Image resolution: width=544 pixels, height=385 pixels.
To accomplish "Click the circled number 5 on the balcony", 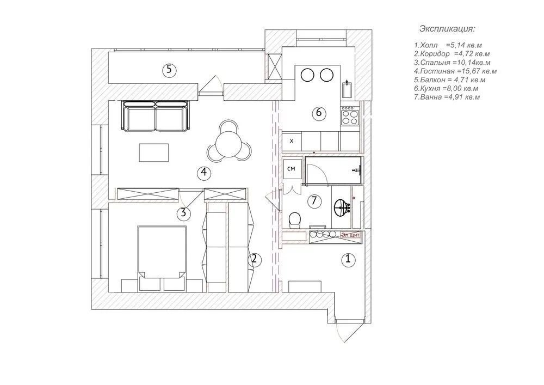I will point(169,70).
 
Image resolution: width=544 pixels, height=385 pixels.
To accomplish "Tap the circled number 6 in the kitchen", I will point(319,113).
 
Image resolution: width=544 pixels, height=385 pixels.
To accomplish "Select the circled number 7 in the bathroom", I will point(314,201).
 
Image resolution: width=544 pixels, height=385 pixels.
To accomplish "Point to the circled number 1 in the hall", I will point(348,260).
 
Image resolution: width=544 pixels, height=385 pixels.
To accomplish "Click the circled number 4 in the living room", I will point(203,173).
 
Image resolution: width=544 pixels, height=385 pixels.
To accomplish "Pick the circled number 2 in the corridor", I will point(253,259).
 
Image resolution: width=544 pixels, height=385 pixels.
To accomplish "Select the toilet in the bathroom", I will point(295,220).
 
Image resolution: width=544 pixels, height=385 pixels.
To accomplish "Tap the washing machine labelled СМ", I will point(292,169).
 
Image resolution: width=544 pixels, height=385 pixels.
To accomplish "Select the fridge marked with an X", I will point(292,141).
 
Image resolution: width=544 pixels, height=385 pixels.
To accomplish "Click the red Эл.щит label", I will point(350,235).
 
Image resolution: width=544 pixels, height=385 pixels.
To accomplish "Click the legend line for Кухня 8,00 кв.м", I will point(446,88).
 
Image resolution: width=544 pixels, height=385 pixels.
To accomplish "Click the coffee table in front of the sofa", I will point(154,152).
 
